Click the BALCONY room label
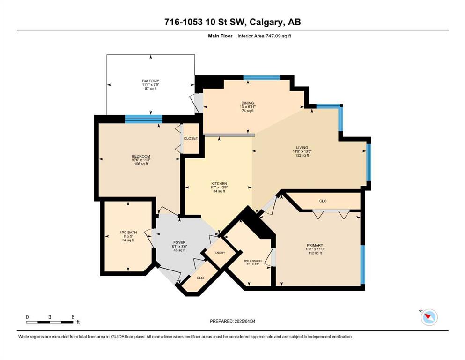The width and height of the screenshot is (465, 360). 151,81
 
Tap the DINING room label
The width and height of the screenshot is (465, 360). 248,103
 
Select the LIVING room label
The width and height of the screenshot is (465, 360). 302,148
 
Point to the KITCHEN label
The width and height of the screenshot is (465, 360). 219,184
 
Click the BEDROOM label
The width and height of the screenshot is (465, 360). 141,156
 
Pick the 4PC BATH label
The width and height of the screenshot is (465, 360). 128,232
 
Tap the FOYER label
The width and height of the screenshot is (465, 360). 179,242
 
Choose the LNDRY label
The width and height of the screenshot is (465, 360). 220,253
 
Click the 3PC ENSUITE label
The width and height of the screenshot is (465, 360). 253,261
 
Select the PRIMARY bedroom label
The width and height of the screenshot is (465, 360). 315,246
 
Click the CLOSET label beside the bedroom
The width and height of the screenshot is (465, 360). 191,139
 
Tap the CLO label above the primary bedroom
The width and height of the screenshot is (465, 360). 323,201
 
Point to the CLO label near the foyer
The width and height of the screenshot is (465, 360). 200,278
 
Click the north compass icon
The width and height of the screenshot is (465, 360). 429,317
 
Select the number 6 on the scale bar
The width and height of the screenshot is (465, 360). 73,317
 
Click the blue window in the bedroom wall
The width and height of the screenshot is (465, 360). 144,119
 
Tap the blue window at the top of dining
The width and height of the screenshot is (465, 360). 262,78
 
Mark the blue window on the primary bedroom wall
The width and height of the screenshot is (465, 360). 363,265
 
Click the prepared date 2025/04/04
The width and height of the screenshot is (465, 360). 245,321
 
